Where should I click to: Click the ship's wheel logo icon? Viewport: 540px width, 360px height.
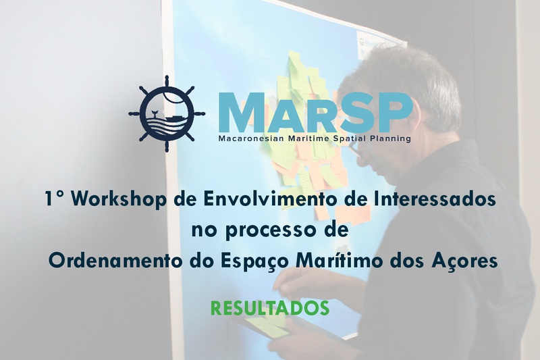(x=167, y=113)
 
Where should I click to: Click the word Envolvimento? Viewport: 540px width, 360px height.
(x=258, y=199)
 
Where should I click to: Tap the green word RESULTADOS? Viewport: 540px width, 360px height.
(x=269, y=308)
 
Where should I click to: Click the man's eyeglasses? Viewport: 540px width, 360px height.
(x=354, y=149)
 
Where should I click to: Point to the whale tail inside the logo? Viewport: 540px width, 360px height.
(x=154, y=113)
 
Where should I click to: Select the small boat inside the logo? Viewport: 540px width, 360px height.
(x=173, y=119)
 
